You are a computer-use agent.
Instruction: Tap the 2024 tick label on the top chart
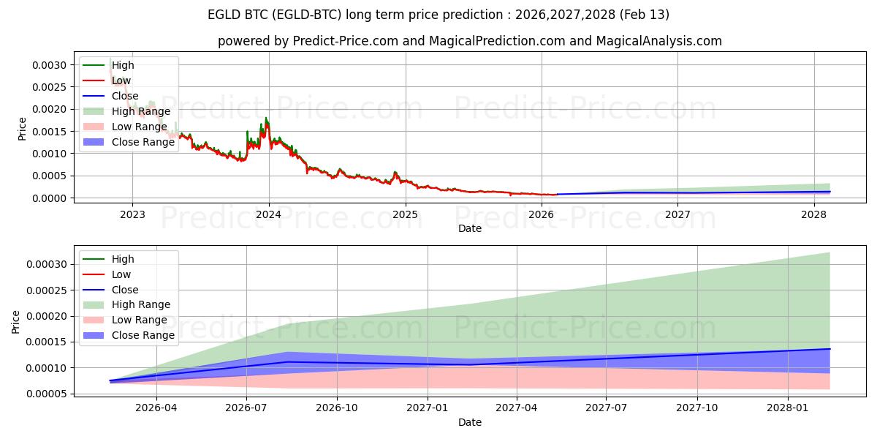click(x=268, y=214)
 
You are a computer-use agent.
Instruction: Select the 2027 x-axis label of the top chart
click(x=677, y=214)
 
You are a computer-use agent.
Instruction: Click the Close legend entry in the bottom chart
click(x=124, y=290)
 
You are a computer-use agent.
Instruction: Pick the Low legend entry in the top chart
click(x=121, y=80)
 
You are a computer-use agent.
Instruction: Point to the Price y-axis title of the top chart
click(x=22, y=129)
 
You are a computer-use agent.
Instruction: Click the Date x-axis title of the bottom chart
click(x=469, y=422)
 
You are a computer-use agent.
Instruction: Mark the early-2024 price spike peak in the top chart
click(x=266, y=117)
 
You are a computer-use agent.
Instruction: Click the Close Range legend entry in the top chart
click(x=143, y=142)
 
